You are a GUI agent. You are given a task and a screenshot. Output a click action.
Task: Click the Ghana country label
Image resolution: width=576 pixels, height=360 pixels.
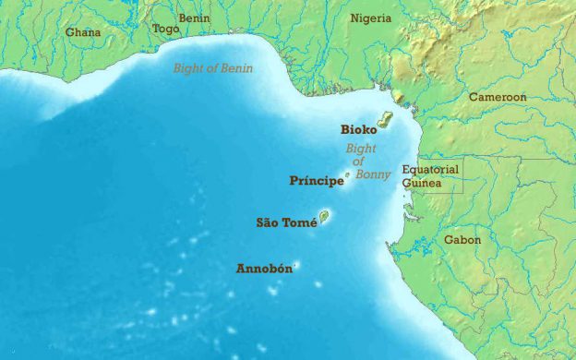[82, 32]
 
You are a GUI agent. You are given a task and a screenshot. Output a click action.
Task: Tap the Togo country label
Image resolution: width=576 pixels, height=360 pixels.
[166, 29]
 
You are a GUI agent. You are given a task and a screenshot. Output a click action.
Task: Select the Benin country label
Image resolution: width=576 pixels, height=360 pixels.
[194, 18]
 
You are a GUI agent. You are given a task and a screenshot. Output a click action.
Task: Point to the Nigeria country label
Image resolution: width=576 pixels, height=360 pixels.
[370, 18]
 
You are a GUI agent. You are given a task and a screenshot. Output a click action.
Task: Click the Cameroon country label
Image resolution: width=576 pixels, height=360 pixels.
[497, 97]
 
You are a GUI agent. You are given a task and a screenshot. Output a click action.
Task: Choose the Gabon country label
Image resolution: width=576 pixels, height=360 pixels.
[462, 240]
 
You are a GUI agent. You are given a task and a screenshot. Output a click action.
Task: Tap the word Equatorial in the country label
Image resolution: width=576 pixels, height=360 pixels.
[429, 170]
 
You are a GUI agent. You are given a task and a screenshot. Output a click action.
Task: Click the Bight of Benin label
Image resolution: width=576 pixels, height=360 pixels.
[213, 68]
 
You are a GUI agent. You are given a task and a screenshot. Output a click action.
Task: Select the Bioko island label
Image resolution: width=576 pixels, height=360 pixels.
[358, 130]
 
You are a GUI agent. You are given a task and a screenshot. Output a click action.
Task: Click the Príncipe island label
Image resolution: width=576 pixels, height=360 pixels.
[317, 181]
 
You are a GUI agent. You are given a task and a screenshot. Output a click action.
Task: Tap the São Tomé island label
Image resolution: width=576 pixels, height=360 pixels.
[286, 222]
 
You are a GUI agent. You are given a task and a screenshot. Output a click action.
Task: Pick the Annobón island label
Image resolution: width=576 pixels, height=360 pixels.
[264, 269]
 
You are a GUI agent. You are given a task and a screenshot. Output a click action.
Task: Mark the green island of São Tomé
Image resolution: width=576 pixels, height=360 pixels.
[325, 218]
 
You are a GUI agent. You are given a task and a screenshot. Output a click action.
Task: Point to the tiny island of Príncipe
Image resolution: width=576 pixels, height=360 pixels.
[347, 174]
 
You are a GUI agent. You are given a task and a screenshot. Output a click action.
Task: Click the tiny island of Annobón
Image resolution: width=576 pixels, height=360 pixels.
[296, 264]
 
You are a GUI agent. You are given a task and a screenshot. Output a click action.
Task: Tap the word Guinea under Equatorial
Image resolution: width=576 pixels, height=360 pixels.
[421, 184]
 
